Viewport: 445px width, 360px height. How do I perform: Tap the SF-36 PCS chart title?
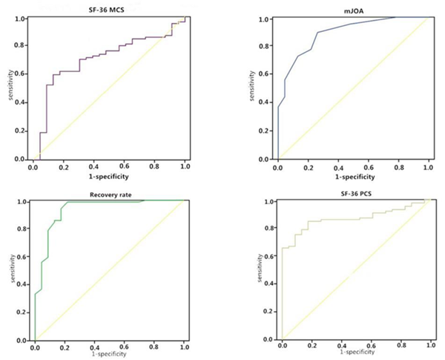coord(356,195)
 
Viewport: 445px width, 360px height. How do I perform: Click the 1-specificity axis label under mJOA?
coord(349,177)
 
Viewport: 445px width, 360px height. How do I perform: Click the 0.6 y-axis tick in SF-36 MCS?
coord(22,73)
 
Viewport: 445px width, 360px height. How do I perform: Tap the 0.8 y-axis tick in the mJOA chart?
coord(263,46)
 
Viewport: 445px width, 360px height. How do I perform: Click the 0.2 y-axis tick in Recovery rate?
coord(23,312)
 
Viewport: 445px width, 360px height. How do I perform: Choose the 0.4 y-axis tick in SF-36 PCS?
coord(269,284)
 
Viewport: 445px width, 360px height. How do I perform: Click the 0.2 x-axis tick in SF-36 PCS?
coord(311,346)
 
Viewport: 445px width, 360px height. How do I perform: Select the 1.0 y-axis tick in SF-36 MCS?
coord(22,18)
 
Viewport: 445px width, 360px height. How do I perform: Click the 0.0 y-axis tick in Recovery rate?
coord(23,339)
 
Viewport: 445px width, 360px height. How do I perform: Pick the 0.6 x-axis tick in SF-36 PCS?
coord(371,346)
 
